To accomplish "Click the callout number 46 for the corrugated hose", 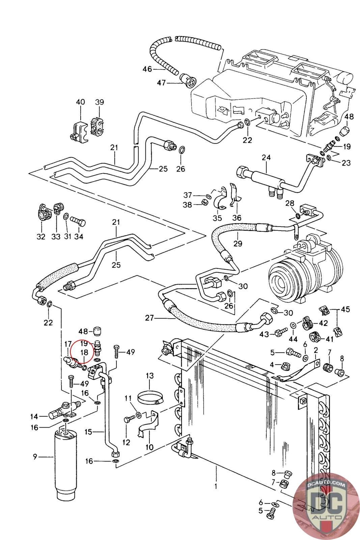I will (x=147, y=69).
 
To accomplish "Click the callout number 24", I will (x=267, y=158).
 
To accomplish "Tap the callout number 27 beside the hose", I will (x=149, y=318).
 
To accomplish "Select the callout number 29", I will (x=238, y=243).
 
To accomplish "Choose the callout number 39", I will (x=99, y=102).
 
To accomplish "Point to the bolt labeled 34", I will (x=80, y=223).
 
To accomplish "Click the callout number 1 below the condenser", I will (x=216, y=486).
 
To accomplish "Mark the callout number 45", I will (x=345, y=309).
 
